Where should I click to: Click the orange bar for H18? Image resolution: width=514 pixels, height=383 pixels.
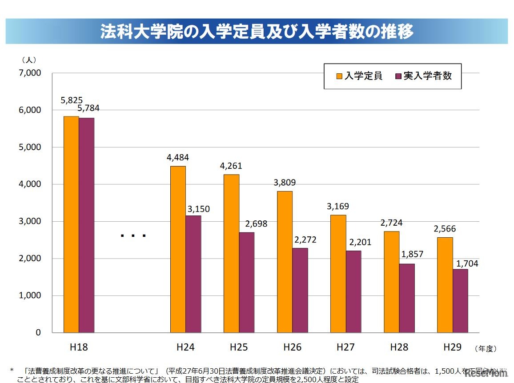coord(71,224)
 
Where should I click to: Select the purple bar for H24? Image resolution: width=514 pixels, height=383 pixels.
coord(193,274)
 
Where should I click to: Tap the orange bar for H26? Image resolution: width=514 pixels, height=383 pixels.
coord(285,262)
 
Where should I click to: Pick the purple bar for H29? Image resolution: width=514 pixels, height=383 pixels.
coord(460,301)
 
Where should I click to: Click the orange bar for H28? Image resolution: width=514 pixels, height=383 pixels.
coord(391,282)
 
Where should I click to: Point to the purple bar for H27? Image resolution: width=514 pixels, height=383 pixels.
coord(353,291)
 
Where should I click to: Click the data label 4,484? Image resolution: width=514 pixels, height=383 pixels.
coord(177,157)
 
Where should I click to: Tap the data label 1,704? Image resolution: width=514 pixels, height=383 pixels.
coord(466,263)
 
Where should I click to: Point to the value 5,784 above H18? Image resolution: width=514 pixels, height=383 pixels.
coord(88,108)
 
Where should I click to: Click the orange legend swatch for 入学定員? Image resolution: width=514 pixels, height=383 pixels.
coord(339,76)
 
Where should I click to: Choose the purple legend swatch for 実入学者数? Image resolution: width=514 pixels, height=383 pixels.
coord(398,76)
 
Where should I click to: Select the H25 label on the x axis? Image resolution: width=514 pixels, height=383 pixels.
coord(239,347)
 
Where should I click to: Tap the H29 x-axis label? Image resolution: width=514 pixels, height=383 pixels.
coord(452,347)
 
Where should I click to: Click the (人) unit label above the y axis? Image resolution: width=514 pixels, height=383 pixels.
coord(29,60)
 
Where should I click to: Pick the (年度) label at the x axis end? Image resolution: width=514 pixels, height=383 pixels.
coord(485,349)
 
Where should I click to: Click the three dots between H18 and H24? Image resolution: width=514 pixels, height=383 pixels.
coord(133,235)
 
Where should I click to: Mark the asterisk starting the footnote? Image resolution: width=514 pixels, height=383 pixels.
coord(12,370)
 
